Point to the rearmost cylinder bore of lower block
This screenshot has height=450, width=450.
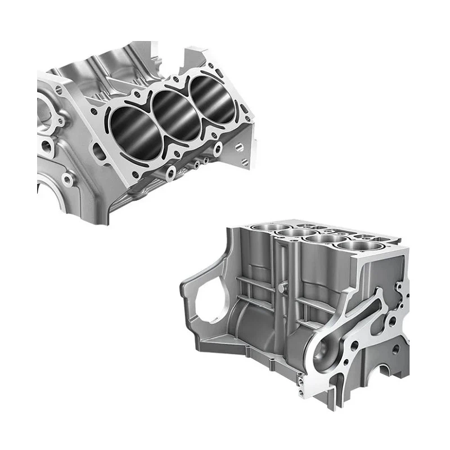[266, 226]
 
